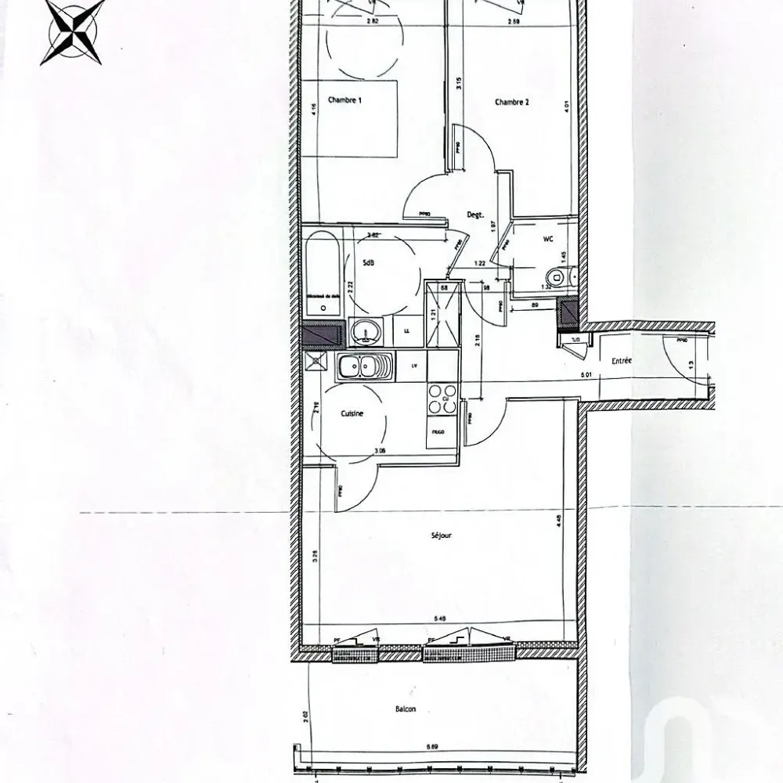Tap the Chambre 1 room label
tap(345, 100)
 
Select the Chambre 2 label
tap(512, 102)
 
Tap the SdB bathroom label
tap(368, 263)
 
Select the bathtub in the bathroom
tap(323, 270)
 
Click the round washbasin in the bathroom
tap(365, 332)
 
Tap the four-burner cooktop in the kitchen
tap(442, 397)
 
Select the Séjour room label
tap(441, 536)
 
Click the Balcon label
tap(406, 709)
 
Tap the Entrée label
tap(622, 360)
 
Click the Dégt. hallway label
tap(475, 215)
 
